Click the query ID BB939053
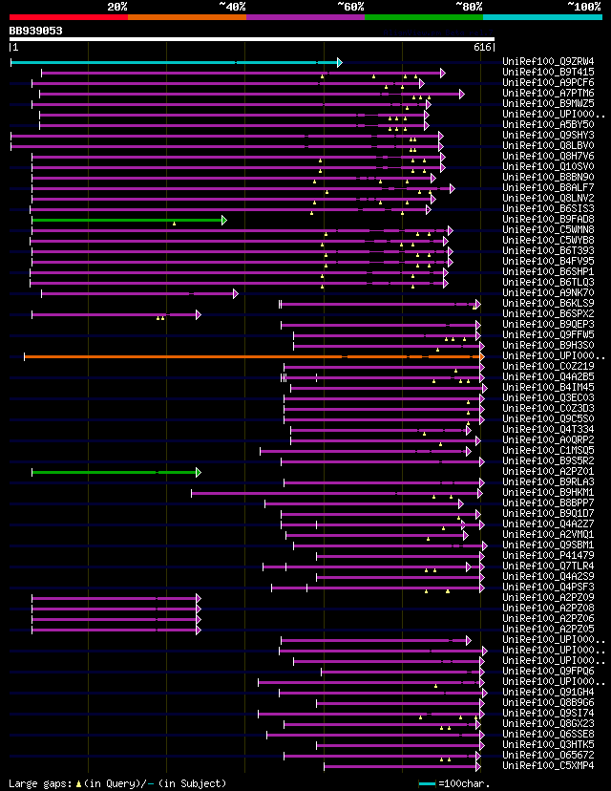pos(36,31)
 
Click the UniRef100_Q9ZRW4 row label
pos(548,62)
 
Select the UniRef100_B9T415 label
pos(548,73)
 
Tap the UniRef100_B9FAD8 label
pos(548,220)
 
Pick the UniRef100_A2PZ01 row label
pos(548,472)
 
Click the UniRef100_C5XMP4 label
pos(548,766)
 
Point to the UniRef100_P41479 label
pos(548,556)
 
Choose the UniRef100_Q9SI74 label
pos(548,714)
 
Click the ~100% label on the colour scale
pos(583,7)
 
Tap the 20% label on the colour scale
pos(117,7)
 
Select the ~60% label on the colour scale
pos(350,7)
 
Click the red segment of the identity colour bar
pos(68,17)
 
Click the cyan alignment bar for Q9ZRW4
pos(172,62)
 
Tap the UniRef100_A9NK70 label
pos(548,293)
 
